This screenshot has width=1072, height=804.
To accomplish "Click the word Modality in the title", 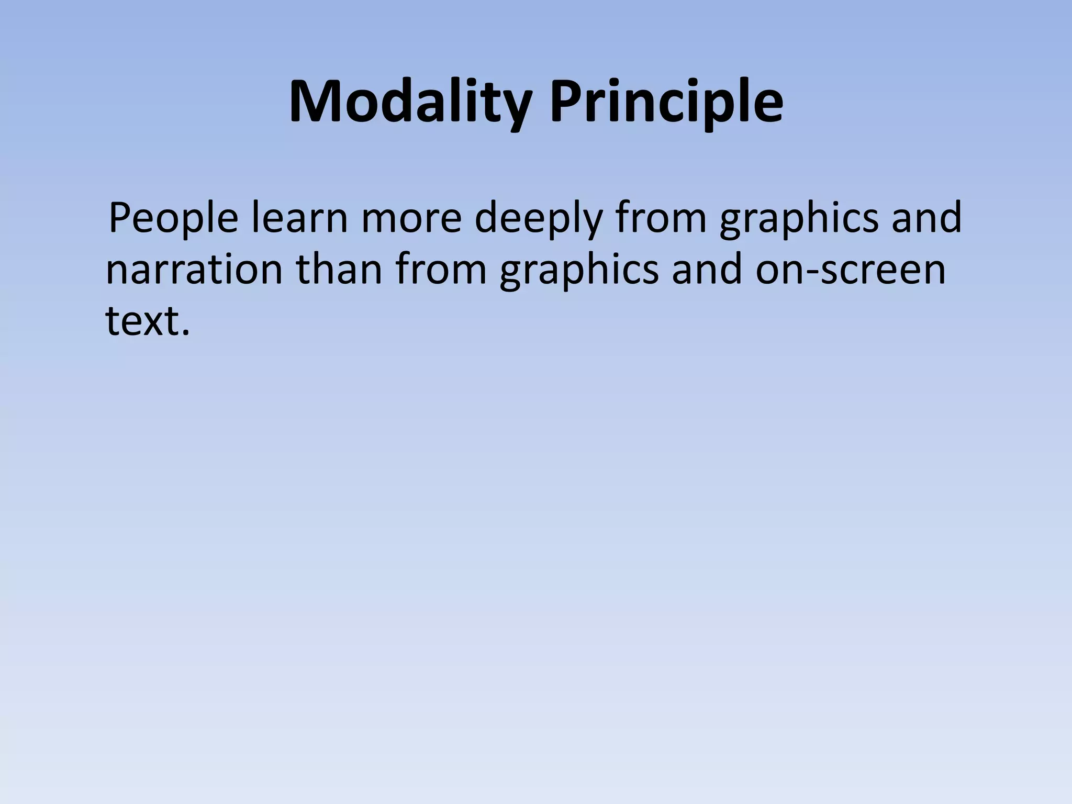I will [409, 102].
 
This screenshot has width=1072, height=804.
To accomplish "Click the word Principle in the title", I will [666, 102].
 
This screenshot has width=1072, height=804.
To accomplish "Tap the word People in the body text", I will [173, 219].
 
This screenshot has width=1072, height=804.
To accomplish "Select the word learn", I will [299, 218].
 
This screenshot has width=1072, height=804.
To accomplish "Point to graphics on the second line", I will [579, 271].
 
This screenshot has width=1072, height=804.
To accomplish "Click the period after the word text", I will [184, 333].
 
